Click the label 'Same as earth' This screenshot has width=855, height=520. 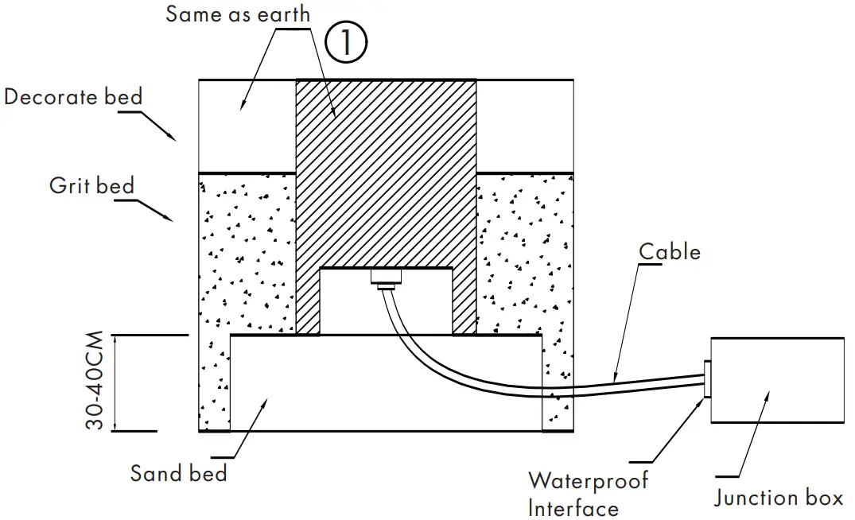click(238, 14)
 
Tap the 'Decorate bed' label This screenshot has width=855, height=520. click(73, 97)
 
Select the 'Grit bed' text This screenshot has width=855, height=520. click(91, 186)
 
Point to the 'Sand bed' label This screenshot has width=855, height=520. click(179, 474)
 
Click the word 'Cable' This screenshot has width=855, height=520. click(670, 252)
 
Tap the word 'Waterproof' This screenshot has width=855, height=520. click(589, 481)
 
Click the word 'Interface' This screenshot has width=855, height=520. click(573, 508)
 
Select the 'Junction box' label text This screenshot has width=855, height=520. click(778, 499)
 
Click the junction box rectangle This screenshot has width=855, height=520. click(777, 380)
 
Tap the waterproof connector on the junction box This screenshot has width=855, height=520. click(706, 379)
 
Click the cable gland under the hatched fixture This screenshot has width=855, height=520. click(387, 278)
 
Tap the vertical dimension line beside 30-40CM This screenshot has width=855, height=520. click(116, 383)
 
